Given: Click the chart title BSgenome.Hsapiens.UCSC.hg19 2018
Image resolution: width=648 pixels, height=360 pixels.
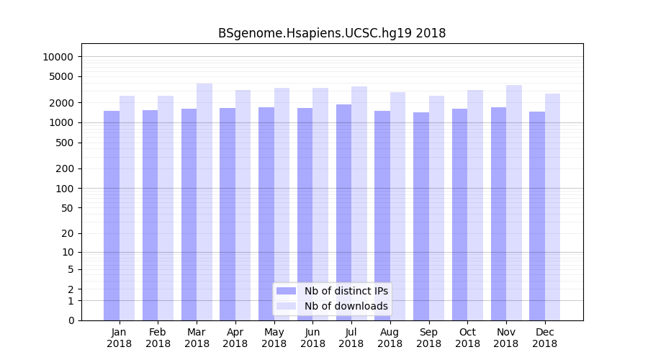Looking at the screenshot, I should coord(332,33).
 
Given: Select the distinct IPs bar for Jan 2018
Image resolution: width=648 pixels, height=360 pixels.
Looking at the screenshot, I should coord(112,215).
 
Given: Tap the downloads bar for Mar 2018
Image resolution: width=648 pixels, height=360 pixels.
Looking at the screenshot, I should coord(204,202).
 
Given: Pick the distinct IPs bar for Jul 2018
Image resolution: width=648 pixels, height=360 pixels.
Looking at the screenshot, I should coord(343,212).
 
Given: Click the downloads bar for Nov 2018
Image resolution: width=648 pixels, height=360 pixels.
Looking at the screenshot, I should coord(514,202).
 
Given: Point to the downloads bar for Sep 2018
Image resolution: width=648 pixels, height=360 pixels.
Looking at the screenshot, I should coord(436,208).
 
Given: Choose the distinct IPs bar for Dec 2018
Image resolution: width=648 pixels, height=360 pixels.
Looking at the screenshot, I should coord(537,216).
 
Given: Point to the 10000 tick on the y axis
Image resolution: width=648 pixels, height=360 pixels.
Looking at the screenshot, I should coord(58,57).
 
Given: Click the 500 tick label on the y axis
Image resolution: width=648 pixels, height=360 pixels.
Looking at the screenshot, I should coord(64,143).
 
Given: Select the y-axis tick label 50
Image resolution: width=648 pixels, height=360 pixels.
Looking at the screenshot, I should coord(67,208).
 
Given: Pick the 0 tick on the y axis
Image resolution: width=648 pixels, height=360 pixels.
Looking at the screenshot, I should coord(71,320).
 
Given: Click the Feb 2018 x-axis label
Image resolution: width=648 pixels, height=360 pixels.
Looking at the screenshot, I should coord(158,338).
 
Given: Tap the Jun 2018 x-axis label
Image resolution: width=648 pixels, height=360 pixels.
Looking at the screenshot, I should coord(312,338).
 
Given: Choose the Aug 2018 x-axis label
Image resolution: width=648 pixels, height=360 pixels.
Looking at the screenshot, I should coord(390,338).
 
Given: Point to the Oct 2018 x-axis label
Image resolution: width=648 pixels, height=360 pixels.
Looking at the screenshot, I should coord(467,338).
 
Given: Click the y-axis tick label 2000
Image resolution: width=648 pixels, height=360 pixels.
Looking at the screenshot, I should coord(61,103).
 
